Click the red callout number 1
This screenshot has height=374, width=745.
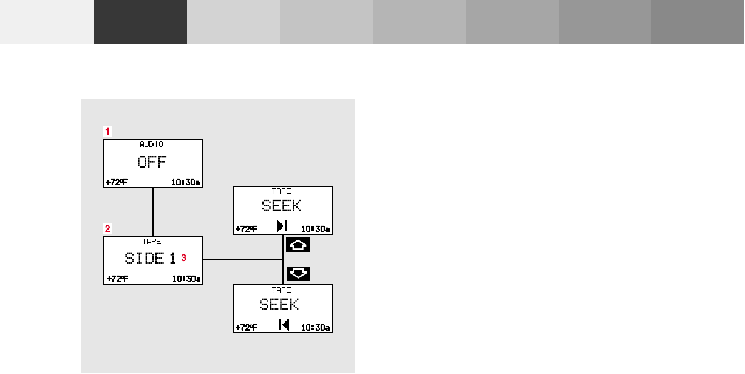(x=107, y=131)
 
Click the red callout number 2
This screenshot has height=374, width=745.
(x=107, y=229)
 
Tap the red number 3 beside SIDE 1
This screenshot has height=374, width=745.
(x=183, y=258)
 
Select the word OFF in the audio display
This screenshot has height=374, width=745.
(x=152, y=162)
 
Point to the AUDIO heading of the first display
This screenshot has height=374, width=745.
(x=152, y=144)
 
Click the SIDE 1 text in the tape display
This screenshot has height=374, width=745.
(x=151, y=258)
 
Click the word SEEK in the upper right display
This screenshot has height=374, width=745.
(x=282, y=205)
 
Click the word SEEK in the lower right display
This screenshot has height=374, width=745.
(x=279, y=304)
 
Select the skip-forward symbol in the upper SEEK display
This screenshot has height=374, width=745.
(x=282, y=226)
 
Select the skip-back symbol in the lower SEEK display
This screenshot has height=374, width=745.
(x=284, y=325)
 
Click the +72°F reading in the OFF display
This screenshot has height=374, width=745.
(x=117, y=182)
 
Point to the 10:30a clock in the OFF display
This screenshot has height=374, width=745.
(x=186, y=182)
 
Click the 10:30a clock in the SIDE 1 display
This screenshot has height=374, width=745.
(x=186, y=279)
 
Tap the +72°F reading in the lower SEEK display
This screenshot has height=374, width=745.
(x=247, y=328)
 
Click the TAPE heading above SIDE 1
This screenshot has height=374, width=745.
(x=152, y=241)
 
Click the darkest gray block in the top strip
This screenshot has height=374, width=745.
(x=140, y=22)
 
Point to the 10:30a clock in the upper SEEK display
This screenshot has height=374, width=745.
(x=316, y=229)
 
